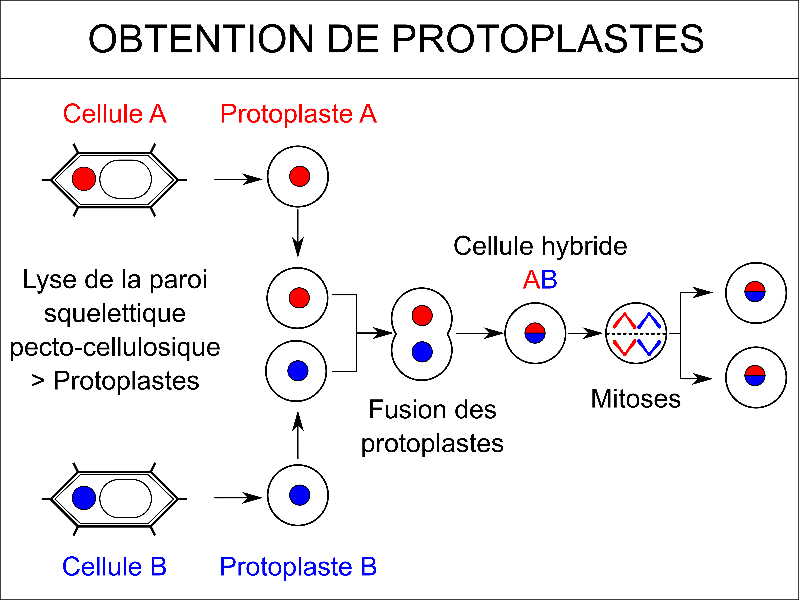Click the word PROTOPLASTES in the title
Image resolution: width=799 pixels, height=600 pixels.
point(548,39)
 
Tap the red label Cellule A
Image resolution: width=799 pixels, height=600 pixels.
point(115,114)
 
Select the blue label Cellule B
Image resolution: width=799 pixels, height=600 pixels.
point(115,566)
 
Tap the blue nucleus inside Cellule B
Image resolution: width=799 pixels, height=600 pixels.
point(84,498)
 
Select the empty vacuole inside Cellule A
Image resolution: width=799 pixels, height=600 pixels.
point(126,179)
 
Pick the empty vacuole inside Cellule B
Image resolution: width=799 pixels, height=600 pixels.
point(126,498)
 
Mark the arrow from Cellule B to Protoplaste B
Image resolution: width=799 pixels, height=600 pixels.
point(238,498)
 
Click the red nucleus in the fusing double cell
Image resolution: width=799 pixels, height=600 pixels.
point(422,315)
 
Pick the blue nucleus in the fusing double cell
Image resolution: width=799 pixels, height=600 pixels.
point(422,351)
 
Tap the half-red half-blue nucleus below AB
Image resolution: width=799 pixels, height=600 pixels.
point(535,333)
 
